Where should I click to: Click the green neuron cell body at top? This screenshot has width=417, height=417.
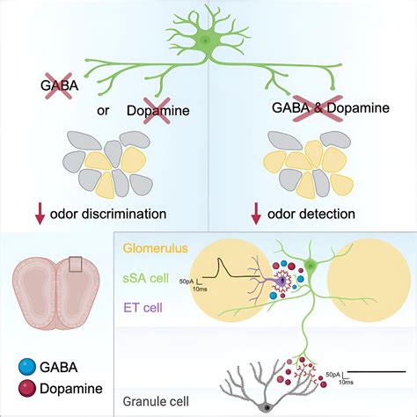205,40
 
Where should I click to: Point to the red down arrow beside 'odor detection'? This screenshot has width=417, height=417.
258,212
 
